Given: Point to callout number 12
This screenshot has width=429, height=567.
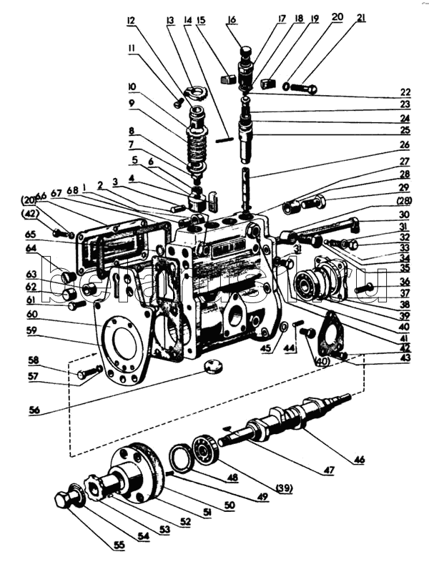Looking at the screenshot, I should pyautogui.click(x=130, y=21).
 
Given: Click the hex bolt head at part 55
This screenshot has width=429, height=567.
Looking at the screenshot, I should pyautogui.click(x=63, y=498).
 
